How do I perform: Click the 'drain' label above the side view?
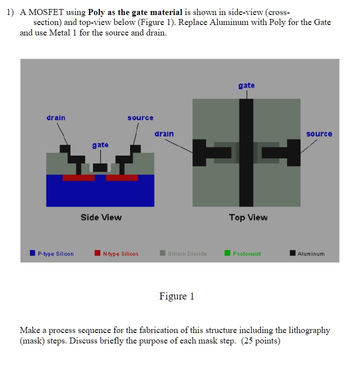pos(56,118)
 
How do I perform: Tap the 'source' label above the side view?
pos(140,118)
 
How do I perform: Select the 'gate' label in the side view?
pos(100,145)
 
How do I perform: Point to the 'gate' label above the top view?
pos(246,85)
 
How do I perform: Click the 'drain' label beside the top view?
pos(164,134)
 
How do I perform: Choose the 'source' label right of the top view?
pos(319,134)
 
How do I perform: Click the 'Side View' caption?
pos(101,217)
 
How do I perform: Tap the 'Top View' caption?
pos(248,217)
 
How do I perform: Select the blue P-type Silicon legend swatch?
pos(32,253)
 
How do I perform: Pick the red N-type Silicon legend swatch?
pos(97,253)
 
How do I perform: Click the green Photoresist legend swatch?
pos(227,253)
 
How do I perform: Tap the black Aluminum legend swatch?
pos(292,253)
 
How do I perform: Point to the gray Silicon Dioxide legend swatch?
pos(162,253)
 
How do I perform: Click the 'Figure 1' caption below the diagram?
pos(176,296)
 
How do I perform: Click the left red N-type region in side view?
pos(78,177)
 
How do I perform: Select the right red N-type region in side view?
pos(122,177)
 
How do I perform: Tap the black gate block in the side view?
pos(100,167)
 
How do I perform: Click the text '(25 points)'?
pos(261,341)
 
